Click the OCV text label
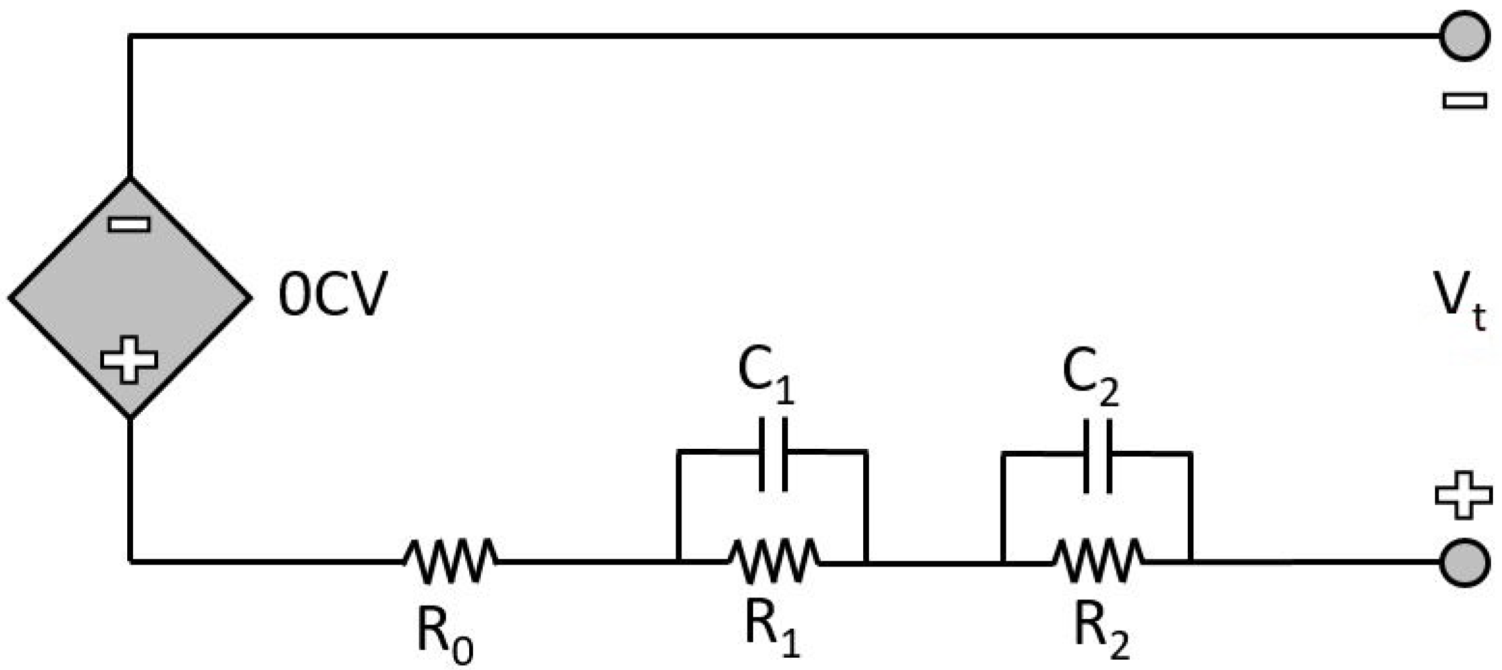click(x=332, y=294)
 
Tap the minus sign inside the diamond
click(x=129, y=224)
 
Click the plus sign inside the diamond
click(x=129, y=359)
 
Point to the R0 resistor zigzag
click(x=450, y=561)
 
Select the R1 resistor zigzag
click(x=774, y=561)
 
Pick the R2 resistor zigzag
click(x=1098, y=561)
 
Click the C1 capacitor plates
click(x=773, y=454)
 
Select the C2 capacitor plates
click(x=1098, y=455)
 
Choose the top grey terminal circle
click(x=1465, y=36)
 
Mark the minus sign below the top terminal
click(x=1465, y=101)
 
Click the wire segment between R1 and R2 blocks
click(x=934, y=563)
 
